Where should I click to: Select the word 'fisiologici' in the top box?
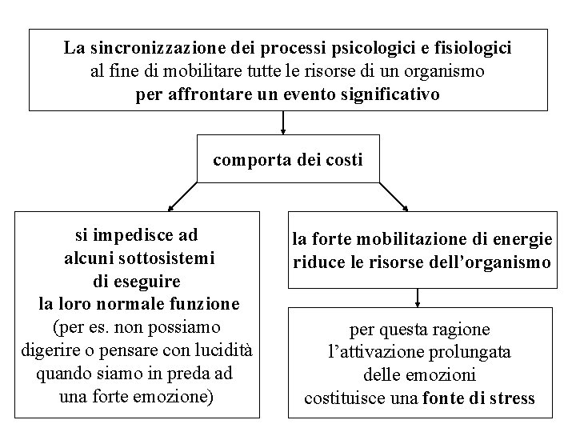tap(470, 48)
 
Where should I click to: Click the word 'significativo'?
tap(386, 95)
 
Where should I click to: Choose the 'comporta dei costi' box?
tap(287, 160)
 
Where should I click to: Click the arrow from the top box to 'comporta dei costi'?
tap(283, 122)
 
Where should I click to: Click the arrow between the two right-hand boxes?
tap(418, 298)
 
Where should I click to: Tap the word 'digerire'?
tap(47, 351)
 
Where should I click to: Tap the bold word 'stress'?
tap(510, 398)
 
